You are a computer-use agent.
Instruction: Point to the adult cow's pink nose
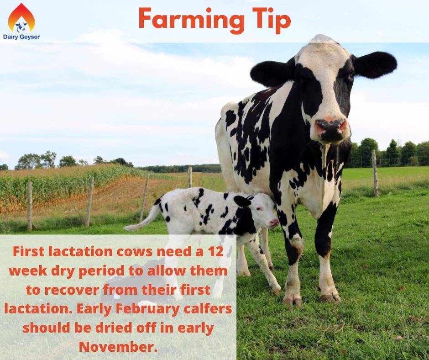331,127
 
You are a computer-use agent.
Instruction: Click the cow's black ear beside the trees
376,64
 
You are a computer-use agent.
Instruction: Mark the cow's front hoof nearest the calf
292,300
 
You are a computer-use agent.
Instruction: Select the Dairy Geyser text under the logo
21,37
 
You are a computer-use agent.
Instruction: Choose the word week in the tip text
28,270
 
